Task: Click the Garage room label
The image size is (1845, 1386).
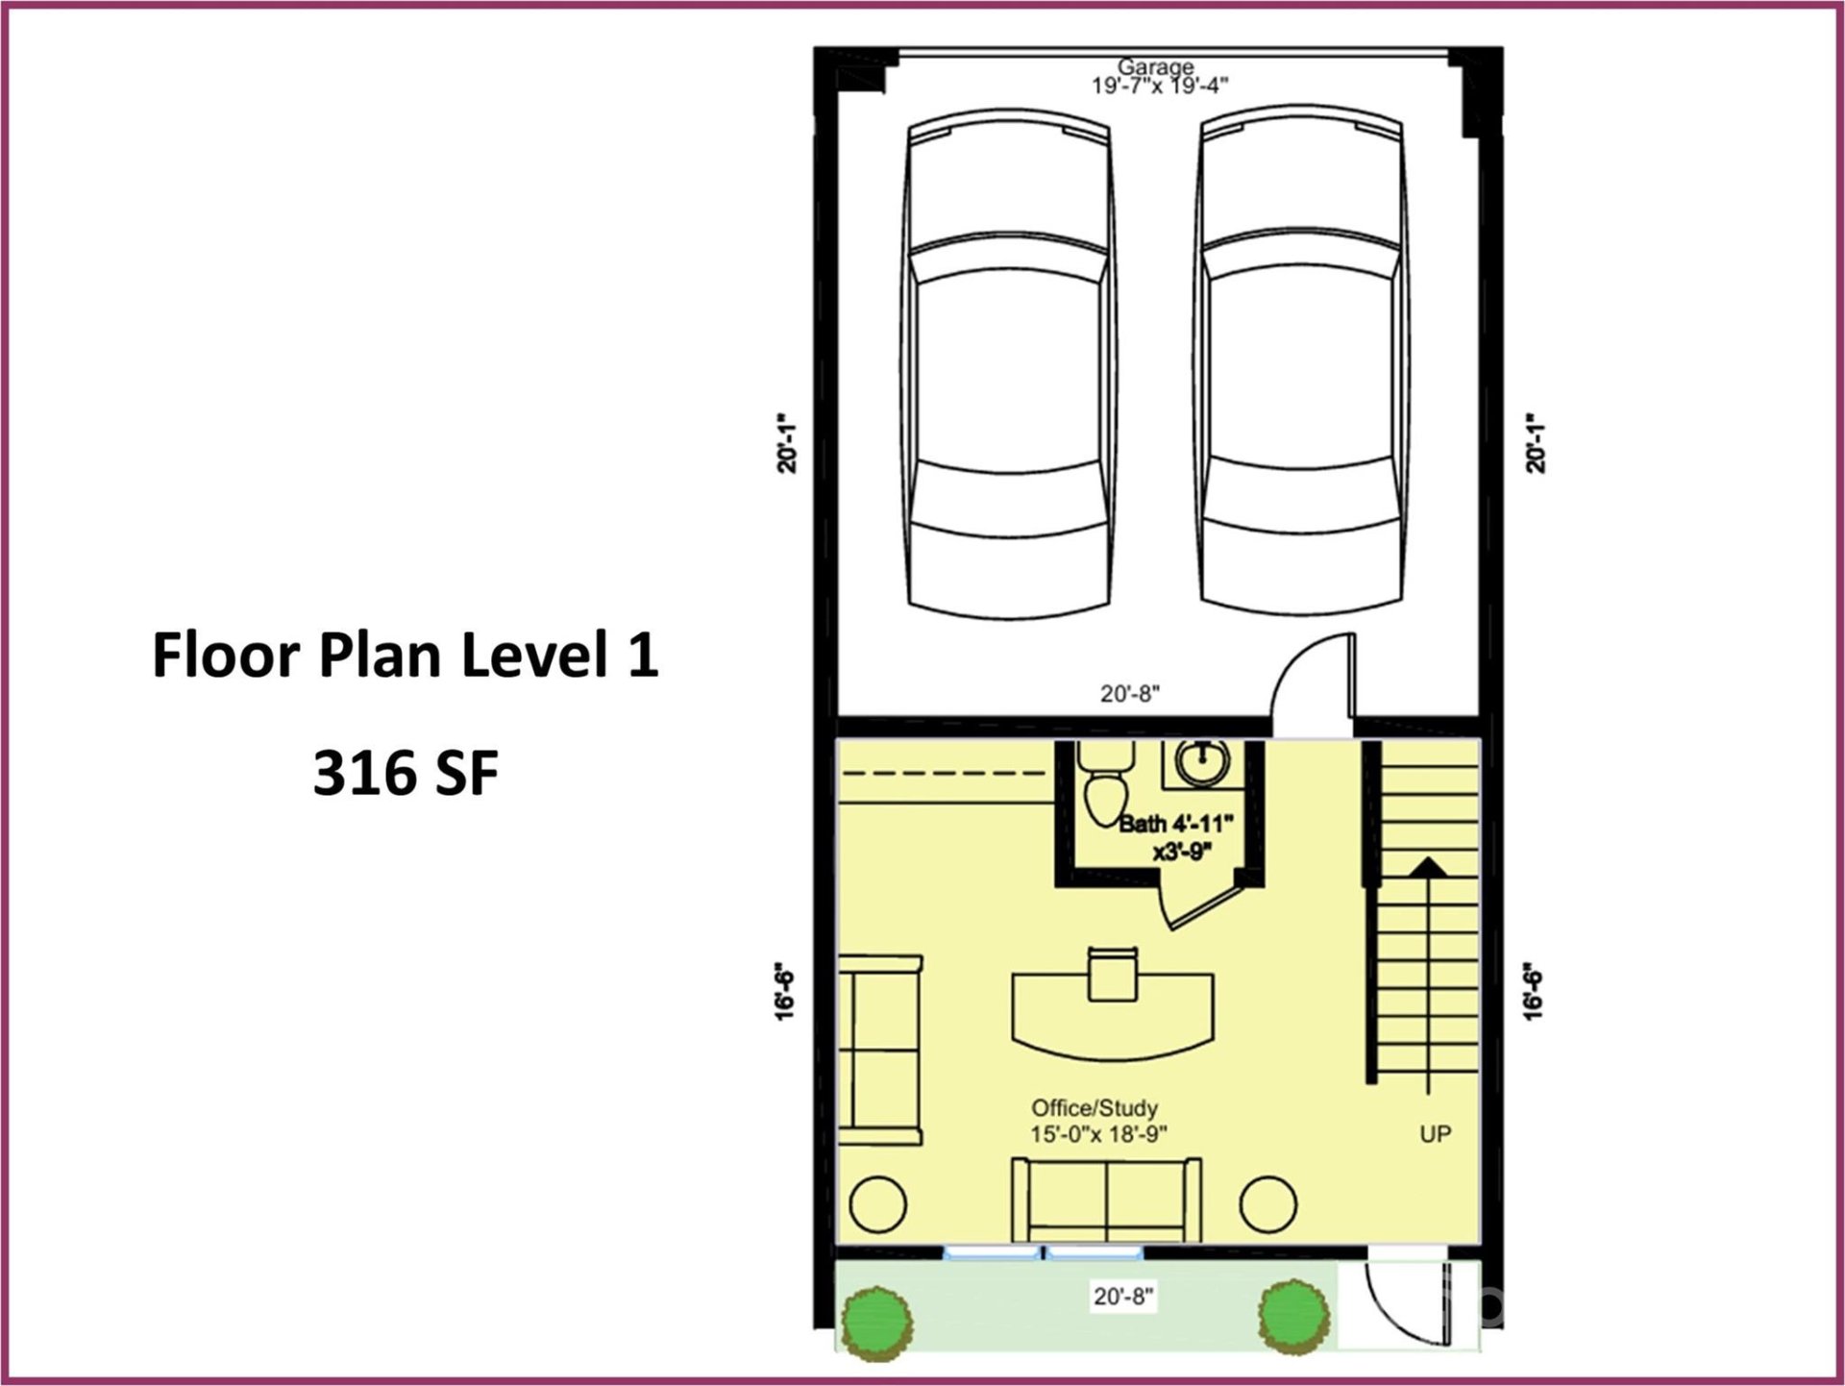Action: click(x=1155, y=67)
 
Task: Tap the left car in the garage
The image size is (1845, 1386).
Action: click(x=1008, y=365)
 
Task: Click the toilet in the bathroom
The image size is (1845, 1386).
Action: click(x=1106, y=793)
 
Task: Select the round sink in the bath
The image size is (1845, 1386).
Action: click(x=1202, y=762)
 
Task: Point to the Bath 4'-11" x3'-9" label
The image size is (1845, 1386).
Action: click(x=1176, y=836)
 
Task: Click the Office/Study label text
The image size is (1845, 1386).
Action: click(x=1095, y=1107)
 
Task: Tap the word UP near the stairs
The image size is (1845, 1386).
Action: click(x=1435, y=1134)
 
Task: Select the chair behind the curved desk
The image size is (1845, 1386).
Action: click(x=1113, y=973)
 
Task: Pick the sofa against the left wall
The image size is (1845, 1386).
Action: click(x=879, y=1050)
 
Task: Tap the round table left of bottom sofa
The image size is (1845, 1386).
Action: click(x=878, y=1204)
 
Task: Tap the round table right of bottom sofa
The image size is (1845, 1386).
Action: click(x=1267, y=1204)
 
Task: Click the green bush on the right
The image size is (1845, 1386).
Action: click(x=1293, y=1316)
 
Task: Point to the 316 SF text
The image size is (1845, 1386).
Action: click(x=406, y=773)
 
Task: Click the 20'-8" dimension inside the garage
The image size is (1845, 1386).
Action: click(x=1130, y=693)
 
